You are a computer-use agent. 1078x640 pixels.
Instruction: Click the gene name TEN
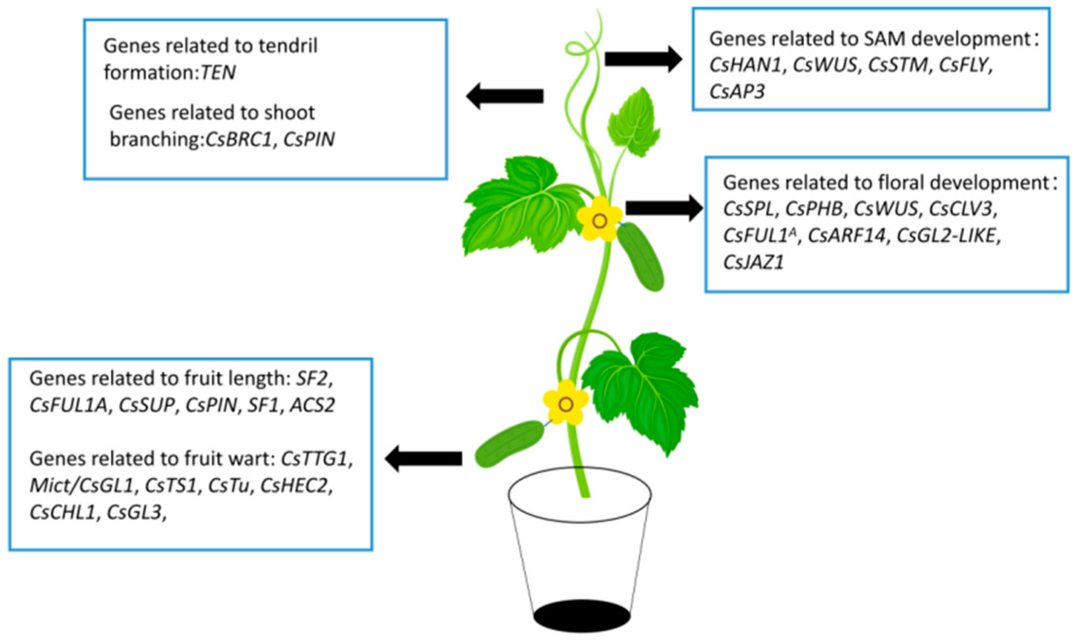coord(218,73)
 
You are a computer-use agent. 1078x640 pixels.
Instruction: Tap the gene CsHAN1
coord(745,65)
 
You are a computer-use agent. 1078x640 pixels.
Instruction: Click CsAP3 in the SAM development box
coord(737,91)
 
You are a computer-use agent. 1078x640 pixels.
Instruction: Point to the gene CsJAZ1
coord(753,263)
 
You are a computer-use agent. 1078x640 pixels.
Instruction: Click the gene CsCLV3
coord(961,209)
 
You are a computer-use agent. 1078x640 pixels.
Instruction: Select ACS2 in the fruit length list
coord(312,405)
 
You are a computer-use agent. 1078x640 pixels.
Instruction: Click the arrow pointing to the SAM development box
coord(643,59)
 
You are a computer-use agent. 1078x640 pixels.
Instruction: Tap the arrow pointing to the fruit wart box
coord(423,458)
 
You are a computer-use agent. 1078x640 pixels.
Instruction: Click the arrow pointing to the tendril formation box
coord(505,96)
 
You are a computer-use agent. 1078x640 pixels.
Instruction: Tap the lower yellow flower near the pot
coord(565,404)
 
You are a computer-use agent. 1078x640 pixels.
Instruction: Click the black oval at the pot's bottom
coord(581,616)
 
